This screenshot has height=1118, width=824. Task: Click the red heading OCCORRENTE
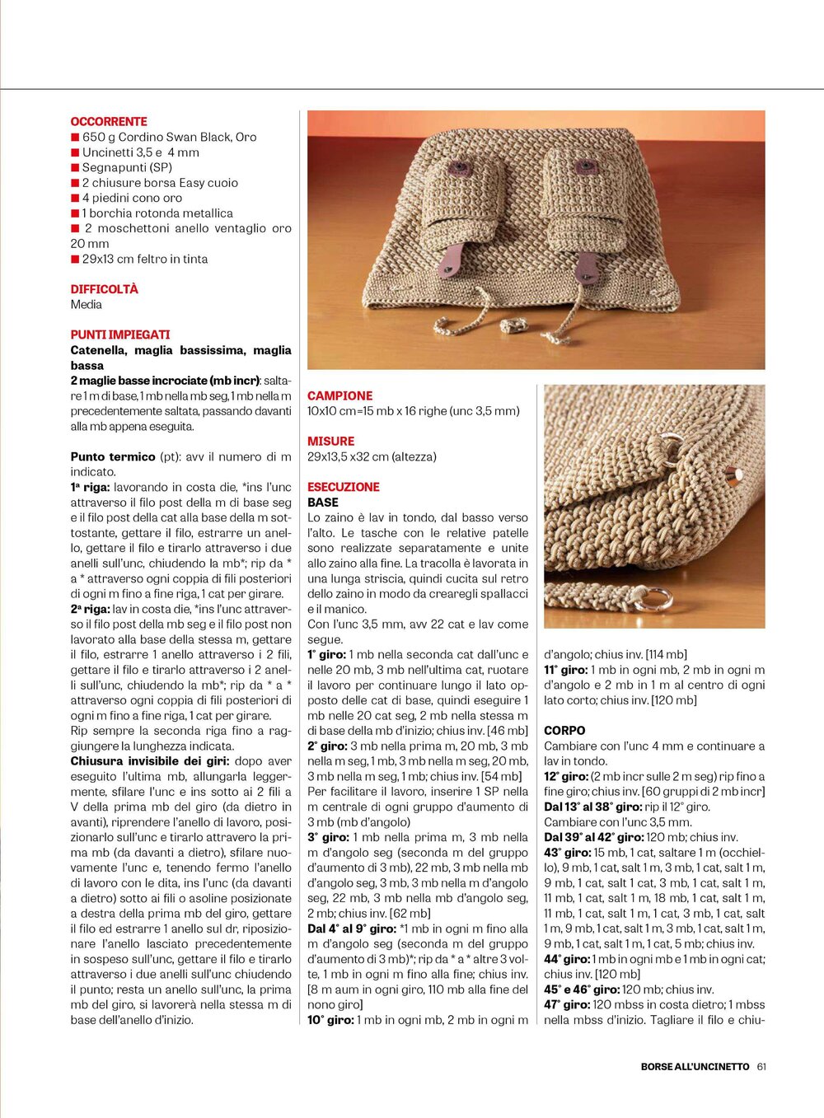109,121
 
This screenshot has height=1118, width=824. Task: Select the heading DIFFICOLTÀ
104,289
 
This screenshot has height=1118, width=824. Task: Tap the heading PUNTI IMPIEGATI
120,334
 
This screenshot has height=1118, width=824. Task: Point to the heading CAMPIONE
339,395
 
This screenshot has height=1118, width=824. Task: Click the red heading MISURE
330,442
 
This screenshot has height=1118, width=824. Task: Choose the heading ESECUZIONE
344,487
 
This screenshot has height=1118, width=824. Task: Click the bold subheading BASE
323,502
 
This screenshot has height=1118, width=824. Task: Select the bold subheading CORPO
564,731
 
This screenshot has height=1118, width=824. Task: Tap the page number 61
761,1066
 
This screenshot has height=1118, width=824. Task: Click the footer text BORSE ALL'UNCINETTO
695,1066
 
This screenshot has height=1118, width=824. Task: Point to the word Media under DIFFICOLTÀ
87,304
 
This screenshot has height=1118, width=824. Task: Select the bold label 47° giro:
566,1004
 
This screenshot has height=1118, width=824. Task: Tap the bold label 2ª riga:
90,609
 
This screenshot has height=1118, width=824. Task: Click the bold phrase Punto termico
113,456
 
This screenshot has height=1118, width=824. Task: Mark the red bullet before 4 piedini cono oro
75,198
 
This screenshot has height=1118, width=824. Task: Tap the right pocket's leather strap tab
587,267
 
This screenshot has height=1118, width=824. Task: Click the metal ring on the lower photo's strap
654,599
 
